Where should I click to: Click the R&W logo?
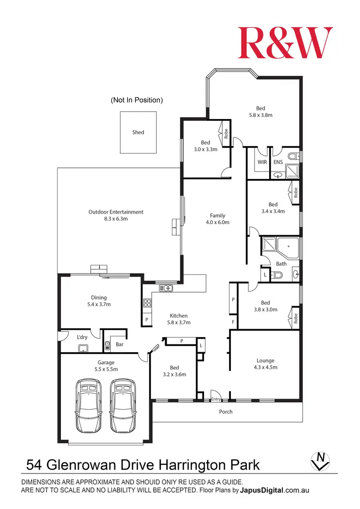[285, 43]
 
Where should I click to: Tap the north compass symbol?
[320, 461]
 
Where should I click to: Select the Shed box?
[138, 132]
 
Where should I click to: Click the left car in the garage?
[89, 405]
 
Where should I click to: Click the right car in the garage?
[123, 405]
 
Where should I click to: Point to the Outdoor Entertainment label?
[116, 212]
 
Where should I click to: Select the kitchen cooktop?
[147, 303]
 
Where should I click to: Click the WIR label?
[262, 163]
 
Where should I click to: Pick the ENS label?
[278, 163]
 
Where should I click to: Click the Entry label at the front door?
[216, 399]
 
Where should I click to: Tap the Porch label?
[226, 412]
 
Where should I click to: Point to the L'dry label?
[83, 337]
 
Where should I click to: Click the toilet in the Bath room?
[277, 275]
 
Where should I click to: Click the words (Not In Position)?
[137, 100]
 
